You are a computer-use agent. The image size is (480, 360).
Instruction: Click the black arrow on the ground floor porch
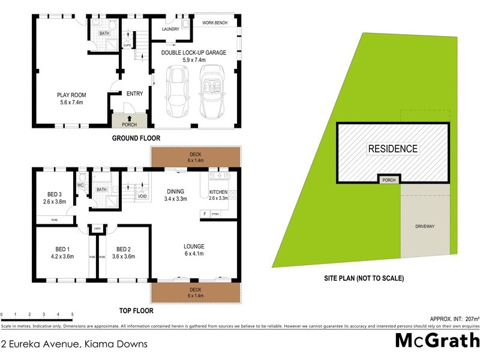point(129,118)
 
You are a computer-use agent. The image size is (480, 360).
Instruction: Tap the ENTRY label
point(135,93)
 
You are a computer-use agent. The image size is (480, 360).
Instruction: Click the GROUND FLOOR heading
point(136,138)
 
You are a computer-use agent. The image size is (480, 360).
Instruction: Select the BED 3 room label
point(55,194)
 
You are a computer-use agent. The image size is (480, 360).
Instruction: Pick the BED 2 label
point(124,249)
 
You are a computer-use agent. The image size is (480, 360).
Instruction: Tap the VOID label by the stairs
point(142,196)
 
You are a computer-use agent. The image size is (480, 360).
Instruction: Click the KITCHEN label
point(218,191)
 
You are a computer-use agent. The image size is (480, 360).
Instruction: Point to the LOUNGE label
point(194,246)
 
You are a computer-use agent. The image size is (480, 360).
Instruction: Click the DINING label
point(175,191)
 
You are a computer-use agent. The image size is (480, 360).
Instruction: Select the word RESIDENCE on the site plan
point(392,148)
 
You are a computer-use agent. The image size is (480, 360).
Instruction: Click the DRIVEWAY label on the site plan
point(424,226)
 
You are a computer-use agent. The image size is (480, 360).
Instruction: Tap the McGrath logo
point(437,340)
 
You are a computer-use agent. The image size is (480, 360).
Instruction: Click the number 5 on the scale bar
point(73,314)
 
